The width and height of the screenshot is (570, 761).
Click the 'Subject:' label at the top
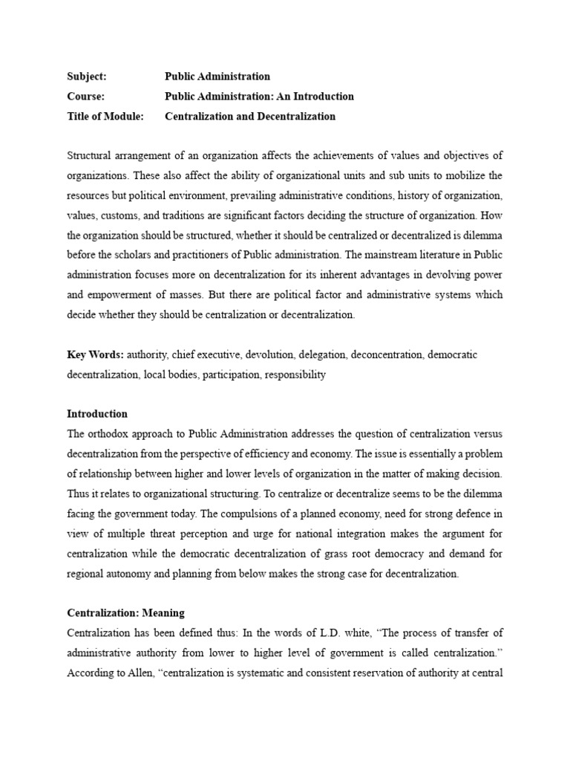pyautogui.click(x=87, y=77)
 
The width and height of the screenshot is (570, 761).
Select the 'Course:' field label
pyautogui.click(x=85, y=97)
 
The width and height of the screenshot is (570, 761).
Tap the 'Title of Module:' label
pyautogui.click(x=105, y=117)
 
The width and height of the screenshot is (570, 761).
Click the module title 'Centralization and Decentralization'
pyautogui.click(x=250, y=117)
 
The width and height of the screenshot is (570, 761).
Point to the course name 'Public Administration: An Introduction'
pyautogui.click(x=259, y=97)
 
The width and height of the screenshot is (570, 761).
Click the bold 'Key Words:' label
pyautogui.click(x=96, y=355)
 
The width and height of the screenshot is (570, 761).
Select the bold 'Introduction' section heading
pyautogui.click(x=97, y=414)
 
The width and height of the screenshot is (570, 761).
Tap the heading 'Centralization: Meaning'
pyautogui.click(x=125, y=613)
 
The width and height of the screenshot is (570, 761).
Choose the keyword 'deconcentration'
pyautogui.click(x=387, y=355)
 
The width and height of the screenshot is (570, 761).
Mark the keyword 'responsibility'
pyautogui.click(x=295, y=375)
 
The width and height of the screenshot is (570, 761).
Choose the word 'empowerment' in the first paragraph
pyautogui.click(x=118, y=295)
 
